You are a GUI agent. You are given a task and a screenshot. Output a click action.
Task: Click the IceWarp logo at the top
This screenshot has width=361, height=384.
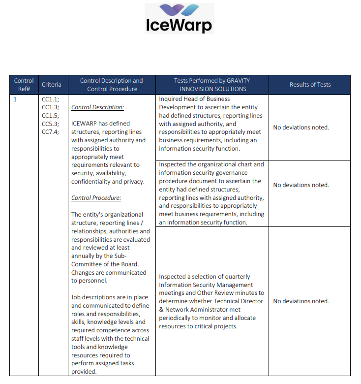180,19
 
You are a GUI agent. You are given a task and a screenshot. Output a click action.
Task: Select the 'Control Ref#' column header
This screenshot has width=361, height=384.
24,85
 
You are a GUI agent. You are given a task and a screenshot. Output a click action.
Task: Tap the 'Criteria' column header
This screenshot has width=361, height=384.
52,85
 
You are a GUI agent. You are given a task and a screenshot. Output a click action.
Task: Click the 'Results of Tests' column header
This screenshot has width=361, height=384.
310,85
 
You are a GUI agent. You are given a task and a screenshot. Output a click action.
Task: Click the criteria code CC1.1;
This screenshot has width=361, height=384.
50,99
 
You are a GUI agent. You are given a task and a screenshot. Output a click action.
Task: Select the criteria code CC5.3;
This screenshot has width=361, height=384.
50,124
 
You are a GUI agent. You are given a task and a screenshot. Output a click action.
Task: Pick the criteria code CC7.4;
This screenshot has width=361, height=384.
50,131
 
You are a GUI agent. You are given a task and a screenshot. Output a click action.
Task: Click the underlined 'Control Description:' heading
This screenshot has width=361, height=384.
97,107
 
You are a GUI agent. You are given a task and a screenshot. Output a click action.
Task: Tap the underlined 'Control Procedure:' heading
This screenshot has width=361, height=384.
96,198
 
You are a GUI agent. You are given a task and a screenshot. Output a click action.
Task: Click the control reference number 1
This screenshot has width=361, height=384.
15,99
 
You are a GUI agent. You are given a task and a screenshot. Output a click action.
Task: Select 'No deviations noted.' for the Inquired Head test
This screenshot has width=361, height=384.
301,128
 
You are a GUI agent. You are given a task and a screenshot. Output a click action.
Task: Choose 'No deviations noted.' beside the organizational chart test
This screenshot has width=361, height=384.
301,185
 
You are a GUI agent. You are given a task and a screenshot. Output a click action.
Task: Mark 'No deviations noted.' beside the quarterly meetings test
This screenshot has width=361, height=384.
301,301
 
